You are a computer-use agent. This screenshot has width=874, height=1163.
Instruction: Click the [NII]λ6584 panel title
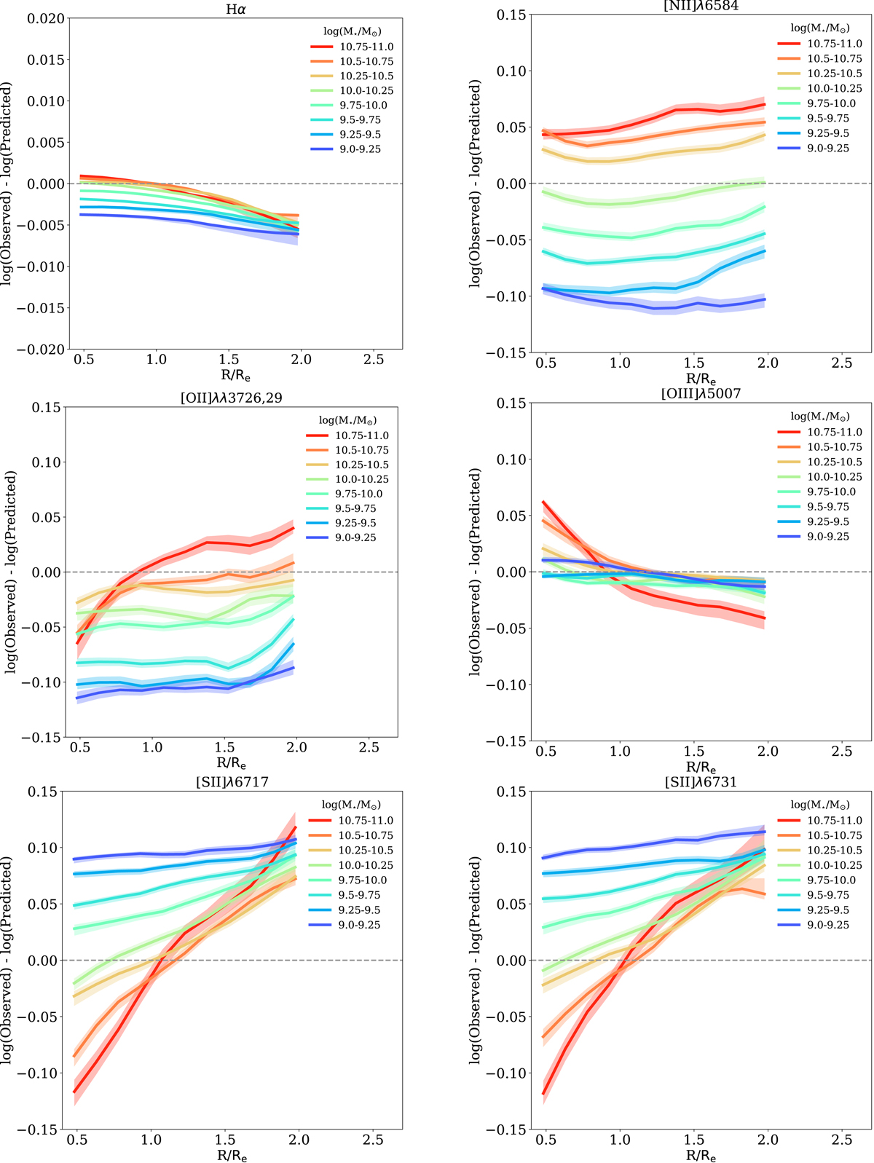coord(701,7)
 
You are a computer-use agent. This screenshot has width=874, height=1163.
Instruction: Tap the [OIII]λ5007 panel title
coord(701,394)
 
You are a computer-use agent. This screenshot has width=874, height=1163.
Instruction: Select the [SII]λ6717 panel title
coord(232,782)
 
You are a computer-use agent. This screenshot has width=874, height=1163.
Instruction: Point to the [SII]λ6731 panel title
coord(701,782)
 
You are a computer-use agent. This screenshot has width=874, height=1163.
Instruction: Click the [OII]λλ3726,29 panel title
coord(231,396)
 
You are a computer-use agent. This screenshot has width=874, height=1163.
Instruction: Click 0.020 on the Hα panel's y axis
coord(45,18)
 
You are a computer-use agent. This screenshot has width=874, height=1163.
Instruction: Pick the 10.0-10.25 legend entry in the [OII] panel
coord(362,479)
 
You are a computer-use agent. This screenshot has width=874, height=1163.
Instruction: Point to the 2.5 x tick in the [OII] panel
coord(369,748)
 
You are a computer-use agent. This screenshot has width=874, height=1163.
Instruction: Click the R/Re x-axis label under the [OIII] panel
coord(701,768)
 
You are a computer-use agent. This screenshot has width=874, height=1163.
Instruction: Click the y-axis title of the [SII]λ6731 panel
coord(475,960)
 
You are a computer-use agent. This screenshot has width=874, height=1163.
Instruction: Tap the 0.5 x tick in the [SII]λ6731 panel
coord(546,1140)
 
